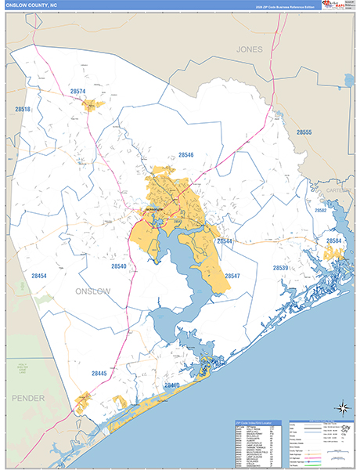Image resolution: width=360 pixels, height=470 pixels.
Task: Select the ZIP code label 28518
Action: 21,109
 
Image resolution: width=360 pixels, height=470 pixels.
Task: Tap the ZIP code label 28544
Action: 225,241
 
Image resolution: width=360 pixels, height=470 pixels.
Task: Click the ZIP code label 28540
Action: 118,266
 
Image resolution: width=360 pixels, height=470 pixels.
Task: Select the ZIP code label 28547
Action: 232,276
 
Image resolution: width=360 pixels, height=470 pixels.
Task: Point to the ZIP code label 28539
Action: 281,268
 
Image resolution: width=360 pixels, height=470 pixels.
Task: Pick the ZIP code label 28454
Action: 39,276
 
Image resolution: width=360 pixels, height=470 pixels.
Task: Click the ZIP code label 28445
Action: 99,374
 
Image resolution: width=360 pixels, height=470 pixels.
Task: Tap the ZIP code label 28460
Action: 171,385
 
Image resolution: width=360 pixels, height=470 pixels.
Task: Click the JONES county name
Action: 250,49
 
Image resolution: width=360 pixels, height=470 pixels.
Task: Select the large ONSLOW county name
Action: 93,291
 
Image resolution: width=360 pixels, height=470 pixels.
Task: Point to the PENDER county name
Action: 28,399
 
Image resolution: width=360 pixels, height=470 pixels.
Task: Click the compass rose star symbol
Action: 341,407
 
